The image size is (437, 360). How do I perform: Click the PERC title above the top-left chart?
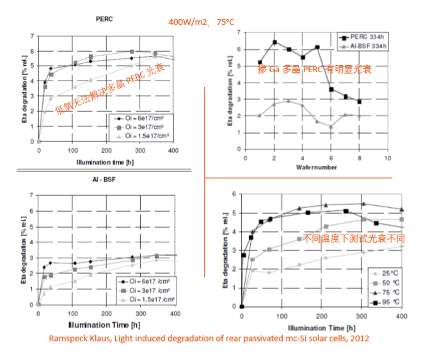point(104,19)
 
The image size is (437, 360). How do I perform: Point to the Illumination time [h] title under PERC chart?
point(106,161)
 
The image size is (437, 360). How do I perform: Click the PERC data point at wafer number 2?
point(274,42)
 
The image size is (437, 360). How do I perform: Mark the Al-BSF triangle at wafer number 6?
point(331,127)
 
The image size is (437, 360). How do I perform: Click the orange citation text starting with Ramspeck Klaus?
point(209,337)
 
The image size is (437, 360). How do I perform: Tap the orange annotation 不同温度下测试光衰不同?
point(353,239)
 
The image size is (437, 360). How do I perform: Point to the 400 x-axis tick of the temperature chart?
point(402,316)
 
